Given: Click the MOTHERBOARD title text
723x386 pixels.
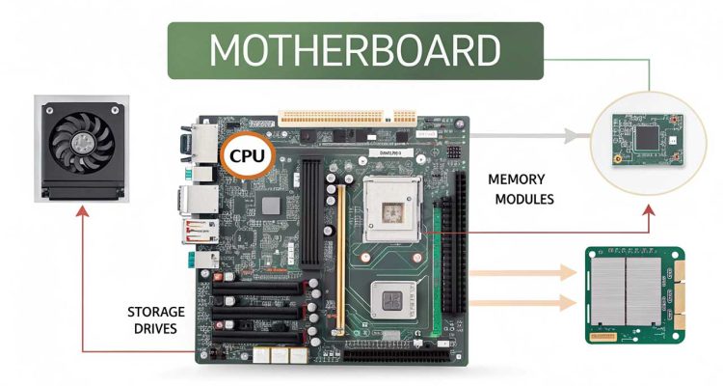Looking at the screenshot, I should click(x=355, y=49).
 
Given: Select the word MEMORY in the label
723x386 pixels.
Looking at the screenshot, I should click(x=516, y=179).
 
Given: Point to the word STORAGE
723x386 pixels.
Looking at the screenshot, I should click(x=156, y=312).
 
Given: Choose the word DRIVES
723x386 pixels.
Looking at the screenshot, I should click(x=156, y=331).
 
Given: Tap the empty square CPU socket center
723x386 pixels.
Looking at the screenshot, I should click(x=390, y=210).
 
